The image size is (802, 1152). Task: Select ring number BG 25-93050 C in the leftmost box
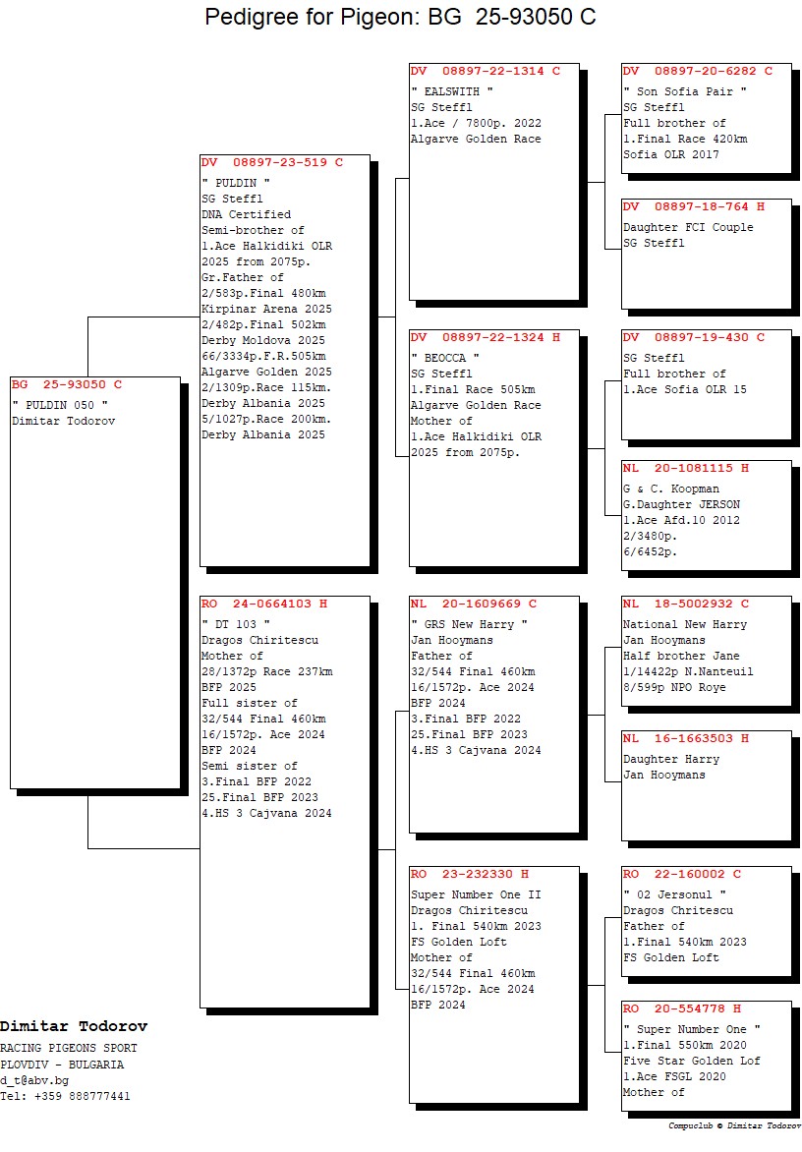click(x=67, y=384)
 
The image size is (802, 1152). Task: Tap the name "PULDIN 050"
click(x=60, y=406)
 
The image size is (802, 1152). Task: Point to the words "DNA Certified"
click(x=246, y=214)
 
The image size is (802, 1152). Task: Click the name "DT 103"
click(x=235, y=624)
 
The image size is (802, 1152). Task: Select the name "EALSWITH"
click(x=451, y=91)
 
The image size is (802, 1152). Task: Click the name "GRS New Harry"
click(x=469, y=624)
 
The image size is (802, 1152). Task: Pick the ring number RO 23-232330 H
click(x=469, y=874)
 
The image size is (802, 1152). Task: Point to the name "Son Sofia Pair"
click(x=685, y=91)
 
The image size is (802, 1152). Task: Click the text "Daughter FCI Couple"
click(x=688, y=227)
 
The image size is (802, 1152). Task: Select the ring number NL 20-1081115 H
click(x=686, y=468)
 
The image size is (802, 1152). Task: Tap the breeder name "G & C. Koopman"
click(x=671, y=489)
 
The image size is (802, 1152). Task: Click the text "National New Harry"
click(x=685, y=624)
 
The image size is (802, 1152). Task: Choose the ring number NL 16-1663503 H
click(x=686, y=738)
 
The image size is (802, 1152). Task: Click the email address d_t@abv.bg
click(x=34, y=1080)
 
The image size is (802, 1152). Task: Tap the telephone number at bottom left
click(x=65, y=1096)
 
